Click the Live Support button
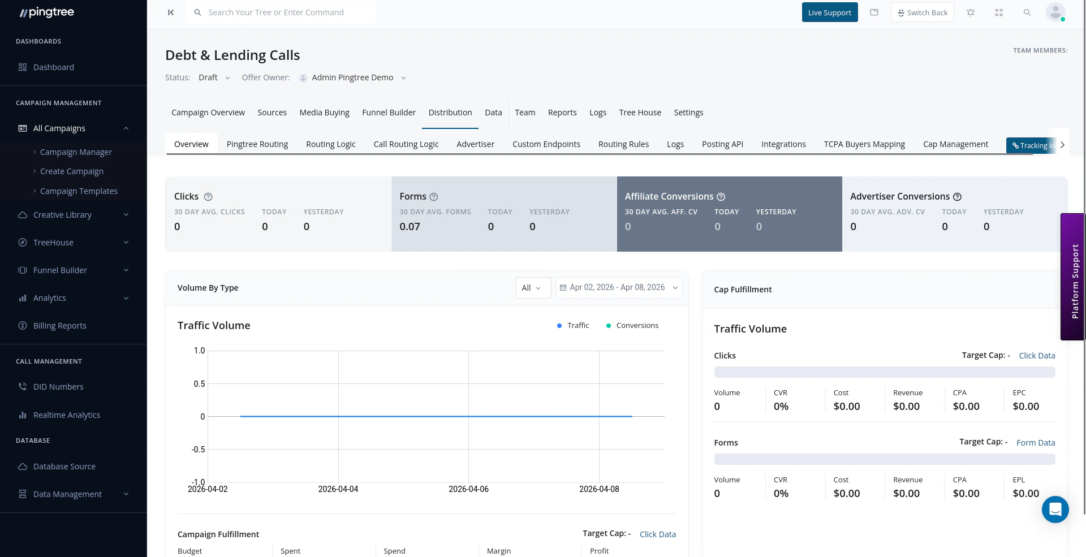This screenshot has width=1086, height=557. pyautogui.click(x=829, y=12)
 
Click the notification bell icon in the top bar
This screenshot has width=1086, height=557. pyautogui.click(x=971, y=12)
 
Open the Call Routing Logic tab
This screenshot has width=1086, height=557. pyautogui.click(x=406, y=144)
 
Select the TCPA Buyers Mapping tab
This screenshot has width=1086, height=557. pyautogui.click(x=864, y=144)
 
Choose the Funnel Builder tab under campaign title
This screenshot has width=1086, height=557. pyautogui.click(x=389, y=113)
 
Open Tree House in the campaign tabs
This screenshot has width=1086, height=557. pyautogui.click(x=640, y=113)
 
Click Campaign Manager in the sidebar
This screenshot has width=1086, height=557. pyautogui.click(x=76, y=152)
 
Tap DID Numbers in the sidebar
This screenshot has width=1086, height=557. pyautogui.click(x=58, y=387)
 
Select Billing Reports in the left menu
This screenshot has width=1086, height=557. pyautogui.click(x=59, y=326)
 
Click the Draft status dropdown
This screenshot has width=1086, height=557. pyautogui.click(x=214, y=77)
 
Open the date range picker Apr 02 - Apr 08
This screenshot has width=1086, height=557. pyautogui.click(x=619, y=288)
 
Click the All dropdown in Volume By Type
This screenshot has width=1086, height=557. pyautogui.click(x=533, y=288)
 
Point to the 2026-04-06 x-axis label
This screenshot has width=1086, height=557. pyautogui.click(x=468, y=489)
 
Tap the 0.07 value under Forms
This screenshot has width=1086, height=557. pyautogui.click(x=410, y=227)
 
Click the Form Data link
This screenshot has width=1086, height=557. pyautogui.click(x=1035, y=443)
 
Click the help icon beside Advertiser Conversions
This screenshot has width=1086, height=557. pyautogui.click(x=957, y=197)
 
